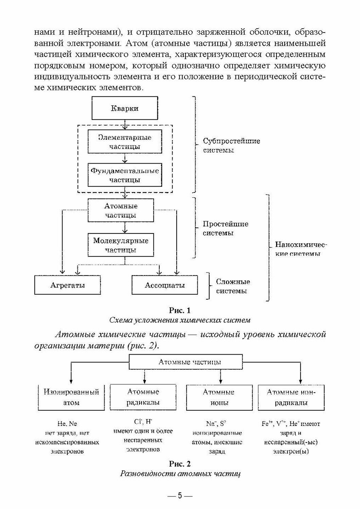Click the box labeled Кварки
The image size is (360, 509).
point(125,109)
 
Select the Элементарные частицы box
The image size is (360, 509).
point(125,142)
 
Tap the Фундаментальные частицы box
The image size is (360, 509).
point(125,175)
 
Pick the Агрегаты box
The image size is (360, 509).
point(68,285)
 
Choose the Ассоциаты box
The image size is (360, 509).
point(165,285)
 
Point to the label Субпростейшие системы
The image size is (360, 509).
point(231,145)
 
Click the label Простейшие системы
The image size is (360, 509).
point(226,228)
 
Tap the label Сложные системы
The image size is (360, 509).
point(233,286)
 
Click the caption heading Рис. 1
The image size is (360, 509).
point(180,310)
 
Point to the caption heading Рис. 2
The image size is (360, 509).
point(180,463)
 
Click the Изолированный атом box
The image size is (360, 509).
point(71,397)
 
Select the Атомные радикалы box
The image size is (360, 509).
point(143,397)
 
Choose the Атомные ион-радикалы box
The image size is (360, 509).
point(291,397)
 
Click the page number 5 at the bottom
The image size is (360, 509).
point(180,496)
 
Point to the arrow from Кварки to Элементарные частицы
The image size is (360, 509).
point(125,125)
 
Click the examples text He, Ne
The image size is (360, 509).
point(67,423)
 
